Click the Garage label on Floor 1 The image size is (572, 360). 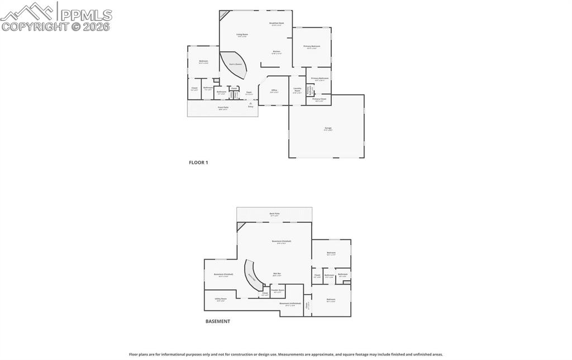click(x=328, y=128)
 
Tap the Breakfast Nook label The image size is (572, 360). click(x=277, y=23)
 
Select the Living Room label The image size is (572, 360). click(x=242, y=35)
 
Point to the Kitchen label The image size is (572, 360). click(x=277, y=52)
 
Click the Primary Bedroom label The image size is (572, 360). click(x=311, y=46)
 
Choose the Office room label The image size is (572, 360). click(x=274, y=90)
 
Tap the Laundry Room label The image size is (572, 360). click(x=297, y=89)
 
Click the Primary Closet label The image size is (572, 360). click(x=320, y=99)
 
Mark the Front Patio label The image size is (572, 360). click(x=223, y=107)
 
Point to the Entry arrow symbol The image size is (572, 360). click(x=250, y=103)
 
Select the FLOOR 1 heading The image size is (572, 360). click(x=198, y=162)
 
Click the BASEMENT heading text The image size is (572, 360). click(x=218, y=321)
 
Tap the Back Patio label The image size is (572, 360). click(x=274, y=214)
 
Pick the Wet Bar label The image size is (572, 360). click(x=277, y=274)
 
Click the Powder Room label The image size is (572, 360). click(x=278, y=290)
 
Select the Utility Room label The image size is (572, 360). click(x=221, y=299)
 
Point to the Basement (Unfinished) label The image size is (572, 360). click(x=290, y=304)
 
